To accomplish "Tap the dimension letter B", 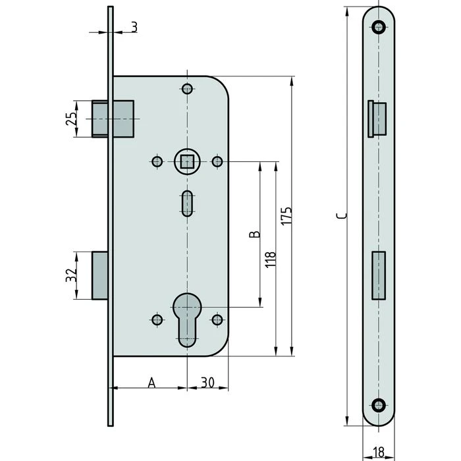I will coord(256,234).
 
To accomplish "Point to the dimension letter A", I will coord(151,382).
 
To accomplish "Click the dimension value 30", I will coord(207,382).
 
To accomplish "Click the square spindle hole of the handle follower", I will coord(187,161).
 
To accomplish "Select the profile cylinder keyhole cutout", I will coord(187,318).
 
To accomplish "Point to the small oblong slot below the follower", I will coord(187,203).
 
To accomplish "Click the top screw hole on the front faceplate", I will coord(378,26).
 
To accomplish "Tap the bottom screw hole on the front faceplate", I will coord(378,405).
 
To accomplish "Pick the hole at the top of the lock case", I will coord(187,90).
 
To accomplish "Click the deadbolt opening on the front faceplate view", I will coord(379,274).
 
